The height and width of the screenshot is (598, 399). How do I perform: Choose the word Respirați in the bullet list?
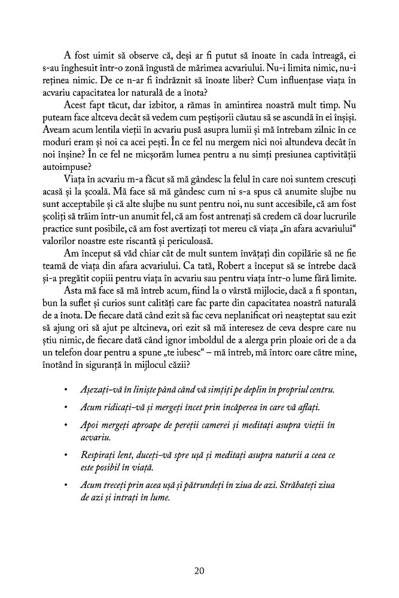click(x=99, y=456)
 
